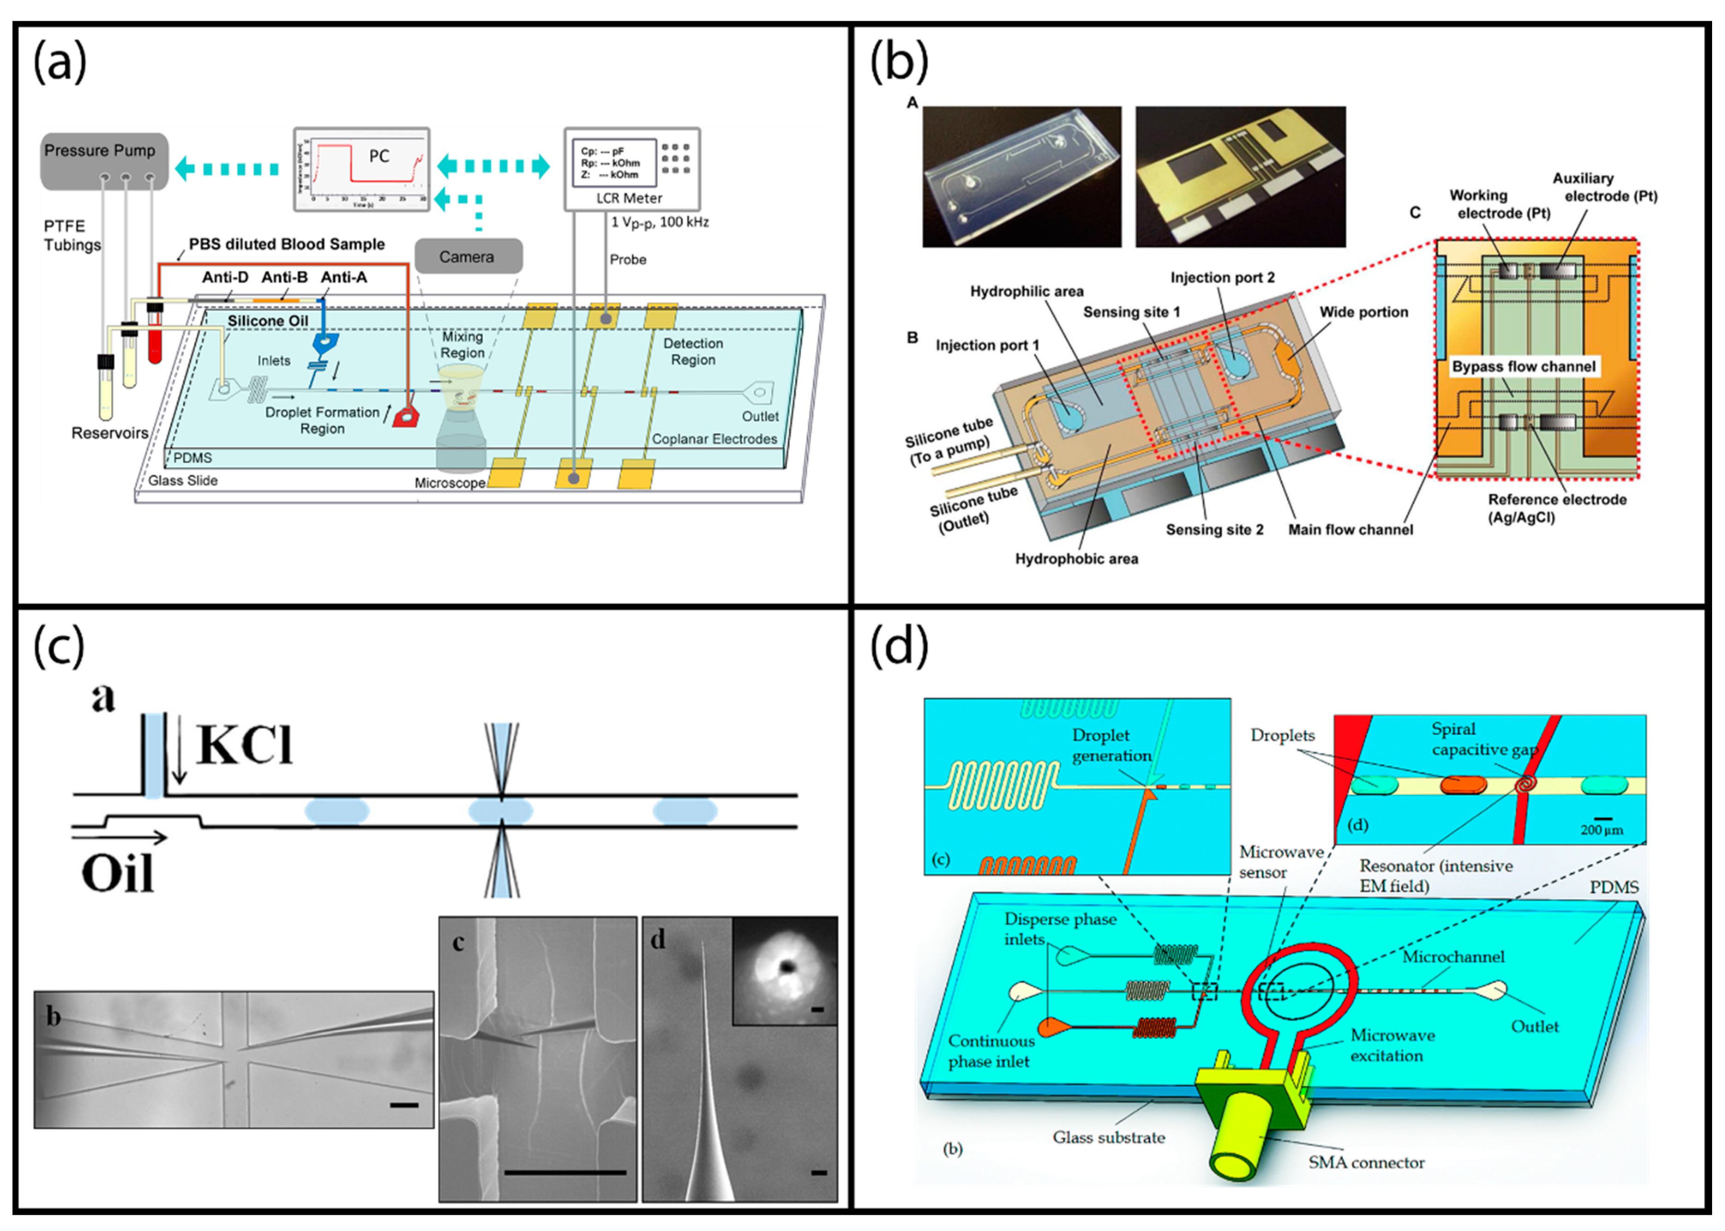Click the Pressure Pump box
pos(104,161)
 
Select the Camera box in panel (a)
pos(467,257)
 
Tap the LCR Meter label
pos(629,198)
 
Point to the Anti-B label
pos(284,278)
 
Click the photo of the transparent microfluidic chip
pos(1021,177)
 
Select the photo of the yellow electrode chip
pos(1240,177)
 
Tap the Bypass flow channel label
pos(1524,367)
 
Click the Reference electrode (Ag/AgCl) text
pos(1557,509)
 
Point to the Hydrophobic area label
pos(1076,559)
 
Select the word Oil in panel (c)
pos(118,874)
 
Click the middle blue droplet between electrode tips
pos(500,811)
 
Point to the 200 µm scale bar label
pos(1601,829)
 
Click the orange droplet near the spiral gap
pos(1463,785)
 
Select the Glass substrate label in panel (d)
pos(1108,1137)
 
